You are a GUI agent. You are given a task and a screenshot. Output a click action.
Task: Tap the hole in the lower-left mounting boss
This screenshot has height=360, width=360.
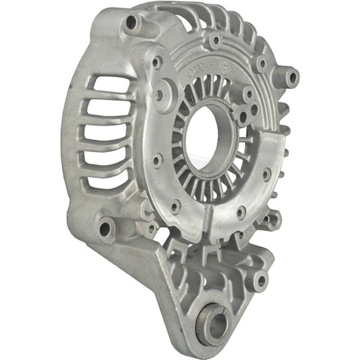point(106,224)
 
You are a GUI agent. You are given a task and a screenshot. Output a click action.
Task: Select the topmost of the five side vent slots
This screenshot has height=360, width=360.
point(107,85)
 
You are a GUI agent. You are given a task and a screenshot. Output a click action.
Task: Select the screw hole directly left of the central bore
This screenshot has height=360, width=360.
point(157,159)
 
